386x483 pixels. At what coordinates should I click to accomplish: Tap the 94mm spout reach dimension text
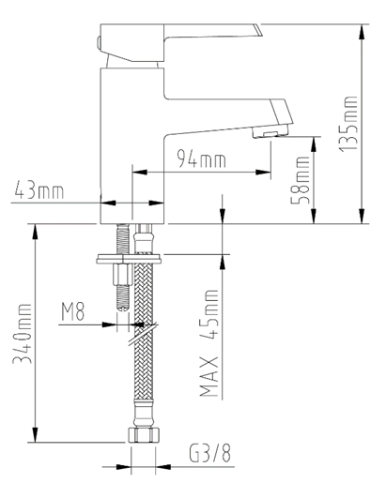(202, 159)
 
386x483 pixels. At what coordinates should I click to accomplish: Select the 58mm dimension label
(301, 181)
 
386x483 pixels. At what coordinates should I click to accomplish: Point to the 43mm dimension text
(40, 192)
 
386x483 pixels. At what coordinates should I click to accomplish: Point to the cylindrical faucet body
(131, 141)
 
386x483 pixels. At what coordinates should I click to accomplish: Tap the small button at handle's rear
(102, 39)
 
